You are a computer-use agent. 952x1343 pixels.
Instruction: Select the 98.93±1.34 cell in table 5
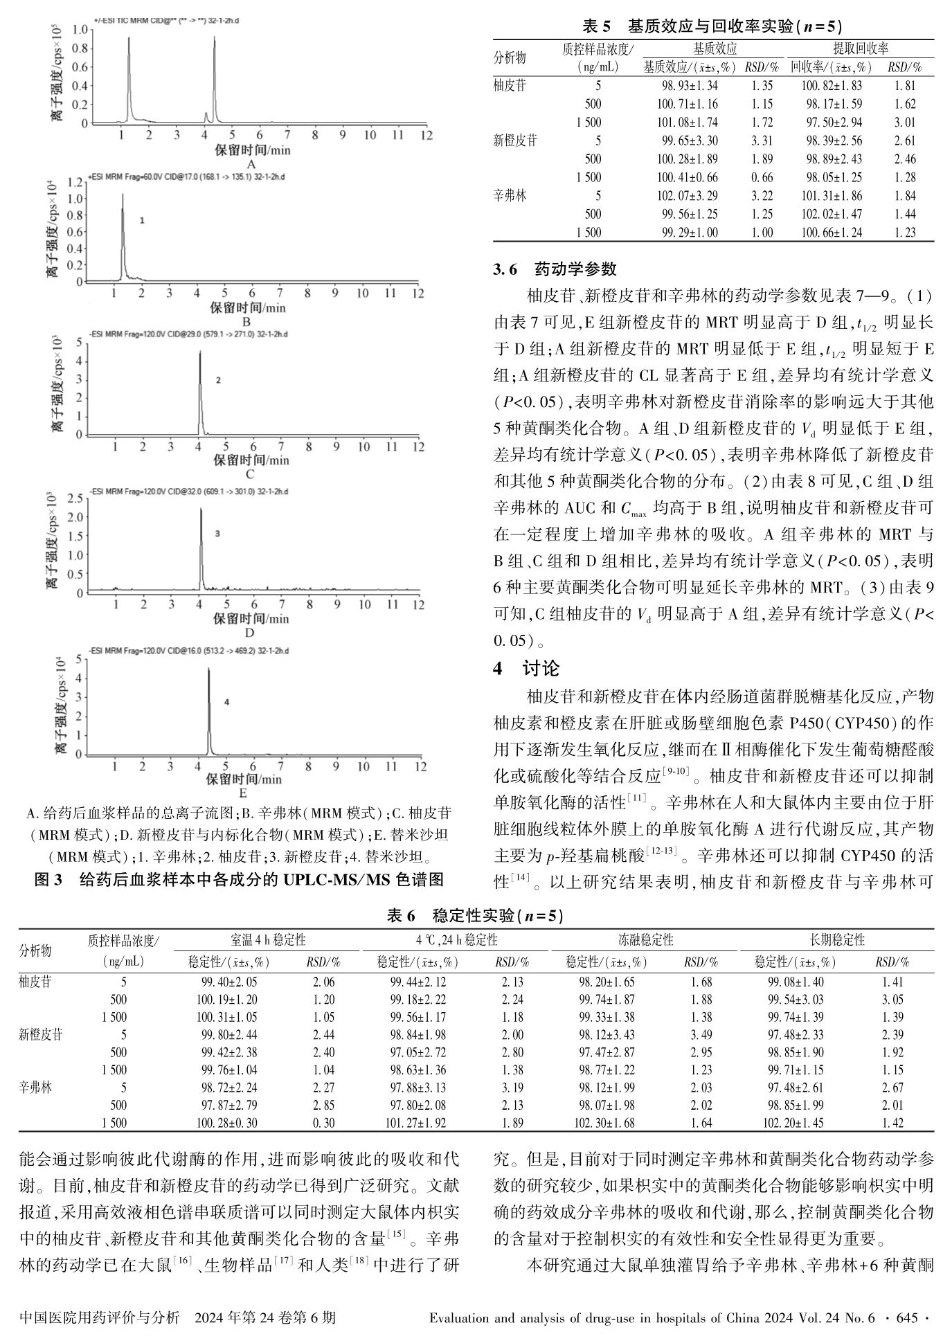688,86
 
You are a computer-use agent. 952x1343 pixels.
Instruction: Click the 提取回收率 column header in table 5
860,48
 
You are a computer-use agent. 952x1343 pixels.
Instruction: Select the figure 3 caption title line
239,880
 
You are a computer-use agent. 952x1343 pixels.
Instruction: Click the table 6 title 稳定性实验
476,916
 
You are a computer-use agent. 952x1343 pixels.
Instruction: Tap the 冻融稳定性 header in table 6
645,939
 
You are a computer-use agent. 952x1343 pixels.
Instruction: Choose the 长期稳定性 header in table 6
837,939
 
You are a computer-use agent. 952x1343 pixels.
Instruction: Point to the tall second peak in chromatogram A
215,42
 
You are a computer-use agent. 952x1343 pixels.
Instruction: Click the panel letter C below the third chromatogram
249,474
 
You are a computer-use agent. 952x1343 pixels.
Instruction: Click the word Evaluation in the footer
462,1317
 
